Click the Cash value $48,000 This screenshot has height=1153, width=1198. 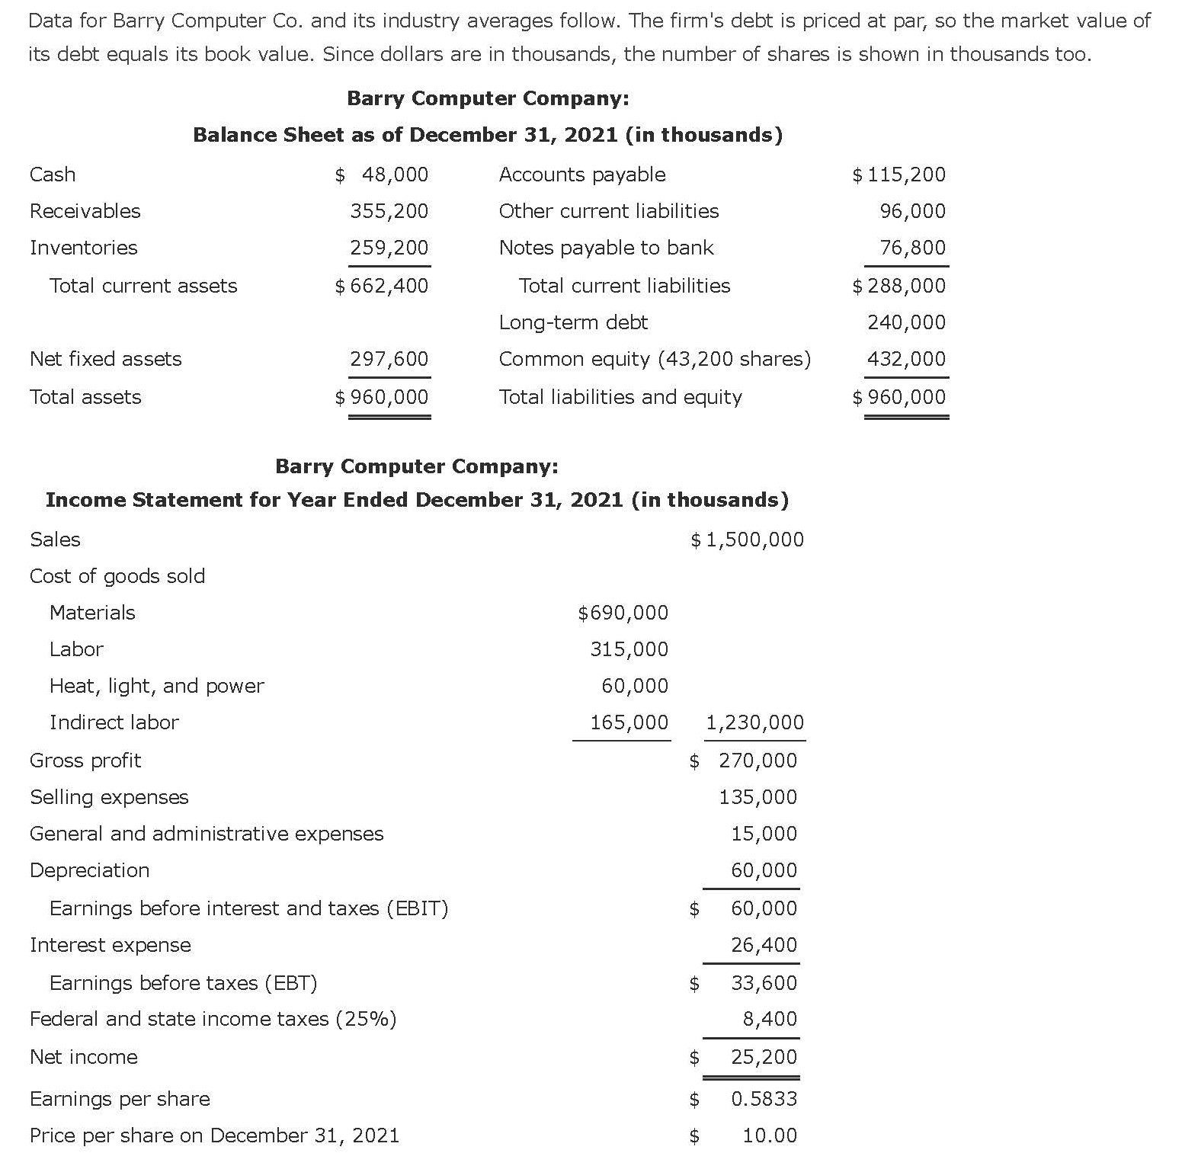pyautogui.click(x=383, y=175)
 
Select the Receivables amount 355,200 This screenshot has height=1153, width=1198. pyautogui.click(x=389, y=211)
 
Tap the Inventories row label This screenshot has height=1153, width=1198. pyautogui.click(x=84, y=248)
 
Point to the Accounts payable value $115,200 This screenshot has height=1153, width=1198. pyautogui.click(x=899, y=175)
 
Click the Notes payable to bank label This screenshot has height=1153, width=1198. pyautogui.click(x=606, y=248)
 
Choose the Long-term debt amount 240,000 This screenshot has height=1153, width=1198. pyautogui.click(x=906, y=322)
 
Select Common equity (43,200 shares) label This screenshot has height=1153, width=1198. pyautogui.click(x=655, y=359)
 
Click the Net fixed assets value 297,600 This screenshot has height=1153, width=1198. pyautogui.click(x=389, y=359)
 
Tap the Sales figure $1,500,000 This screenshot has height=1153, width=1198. pyautogui.click(x=748, y=540)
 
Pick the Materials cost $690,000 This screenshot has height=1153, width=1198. pyautogui.click(x=623, y=613)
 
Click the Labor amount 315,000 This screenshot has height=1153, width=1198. pyautogui.click(x=629, y=649)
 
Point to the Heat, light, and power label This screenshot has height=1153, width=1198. pyautogui.click(x=156, y=686)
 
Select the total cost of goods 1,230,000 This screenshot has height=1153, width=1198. pyautogui.click(x=755, y=722)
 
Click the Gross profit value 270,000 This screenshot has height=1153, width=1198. pyautogui.click(x=758, y=761)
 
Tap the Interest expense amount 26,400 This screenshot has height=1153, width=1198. pyautogui.click(x=764, y=945)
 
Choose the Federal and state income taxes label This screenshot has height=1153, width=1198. pyautogui.click(x=213, y=1019)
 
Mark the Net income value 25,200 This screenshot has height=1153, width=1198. pyautogui.click(x=764, y=1057)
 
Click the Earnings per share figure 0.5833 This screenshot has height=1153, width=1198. pyautogui.click(x=764, y=1099)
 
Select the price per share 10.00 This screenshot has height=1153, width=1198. pyautogui.click(x=770, y=1135)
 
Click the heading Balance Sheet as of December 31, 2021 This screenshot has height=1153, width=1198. pyautogui.click(x=488, y=135)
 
